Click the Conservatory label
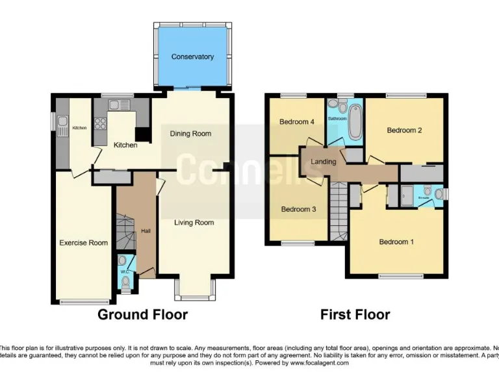(192, 57)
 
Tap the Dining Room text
(190, 134)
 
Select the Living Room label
(194, 223)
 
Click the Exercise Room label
(83, 243)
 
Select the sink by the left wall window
(63, 122)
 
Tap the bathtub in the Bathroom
(355, 123)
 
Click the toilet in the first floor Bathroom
(333, 104)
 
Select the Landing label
(324, 162)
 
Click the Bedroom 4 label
(297, 122)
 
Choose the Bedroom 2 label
(404, 131)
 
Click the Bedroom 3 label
(298, 209)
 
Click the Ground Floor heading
(142, 315)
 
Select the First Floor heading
(355, 315)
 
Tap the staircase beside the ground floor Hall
(124, 231)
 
